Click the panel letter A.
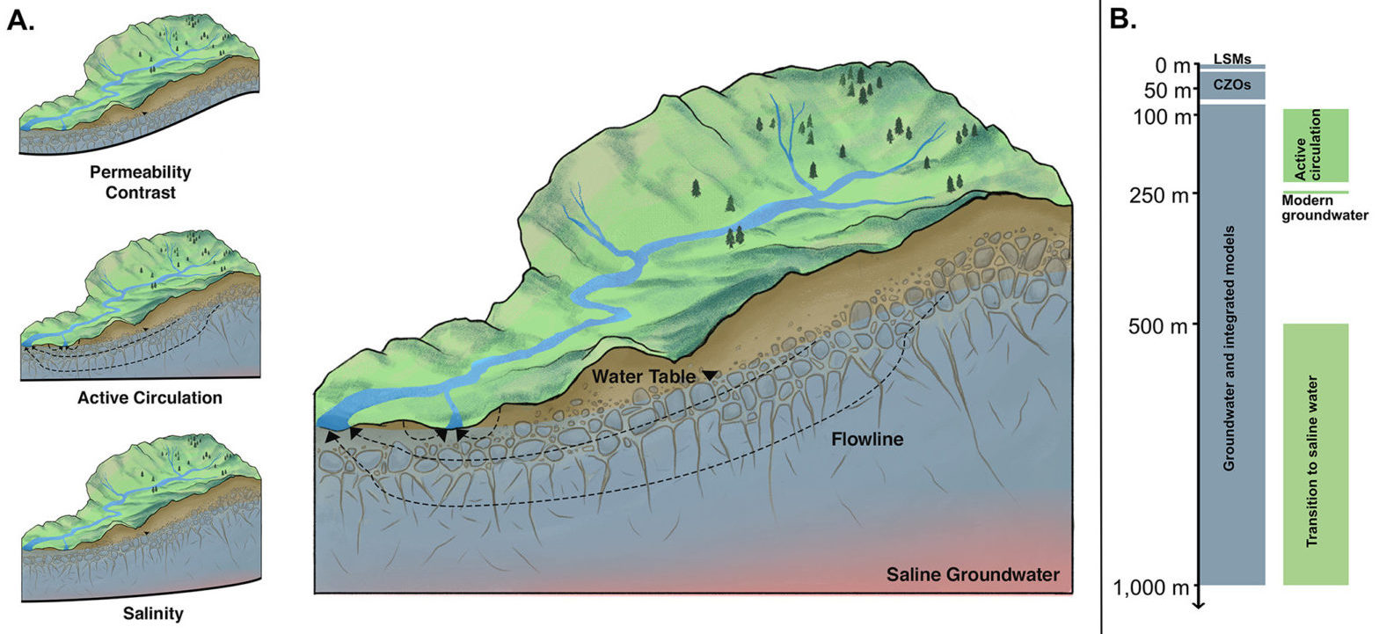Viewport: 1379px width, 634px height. [x=21, y=20]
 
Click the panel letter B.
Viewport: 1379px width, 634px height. [x=1124, y=20]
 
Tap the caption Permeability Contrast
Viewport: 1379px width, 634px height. [x=140, y=181]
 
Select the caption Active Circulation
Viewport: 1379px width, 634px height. [x=150, y=397]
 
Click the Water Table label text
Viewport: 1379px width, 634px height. [x=644, y=376]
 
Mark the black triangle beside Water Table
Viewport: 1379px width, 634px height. [x=710, y=376]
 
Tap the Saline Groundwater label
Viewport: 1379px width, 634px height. [x=973, y=576]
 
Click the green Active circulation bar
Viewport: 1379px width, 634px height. [x=1316, y=145]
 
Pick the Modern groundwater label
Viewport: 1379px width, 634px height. [x=1324, y=208]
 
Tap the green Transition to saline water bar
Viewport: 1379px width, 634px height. [x=1316, y=454]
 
